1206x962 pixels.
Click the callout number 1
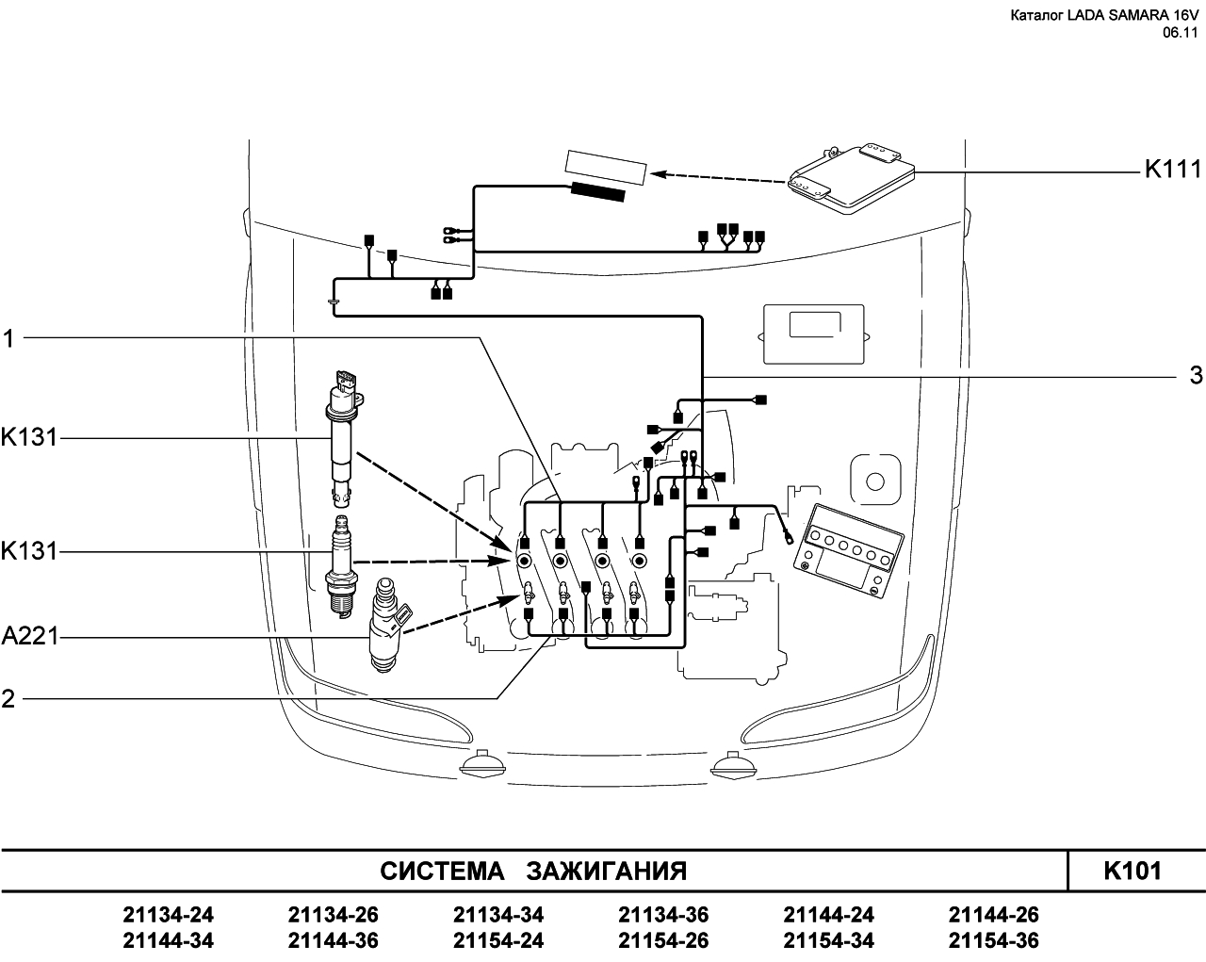click(8, 338)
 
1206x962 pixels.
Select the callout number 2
click(8, 699)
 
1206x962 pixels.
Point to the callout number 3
click(1196, 375)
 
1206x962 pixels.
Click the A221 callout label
click(30, 636)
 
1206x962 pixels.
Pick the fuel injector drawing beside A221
click(387, 625)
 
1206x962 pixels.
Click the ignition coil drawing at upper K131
click(343, 438)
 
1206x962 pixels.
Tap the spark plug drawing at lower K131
click(341, 566)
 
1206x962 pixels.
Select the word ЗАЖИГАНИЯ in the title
click(607, 872)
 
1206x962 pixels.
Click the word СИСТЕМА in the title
click(442, 872)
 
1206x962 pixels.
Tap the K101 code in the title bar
click(1132, 872)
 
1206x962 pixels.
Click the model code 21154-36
click(994, 940)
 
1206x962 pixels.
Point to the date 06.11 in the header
click(1180, 33)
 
